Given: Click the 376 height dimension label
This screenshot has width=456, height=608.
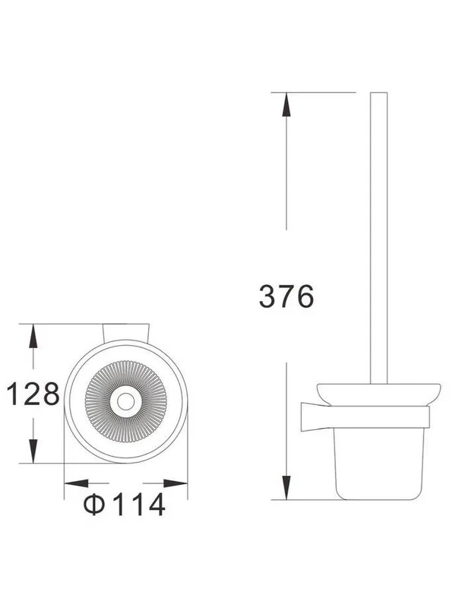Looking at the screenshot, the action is [287, 296].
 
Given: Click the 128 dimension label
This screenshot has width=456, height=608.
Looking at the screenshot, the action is [33, 394].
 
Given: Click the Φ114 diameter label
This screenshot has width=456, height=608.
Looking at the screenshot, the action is [125, 505].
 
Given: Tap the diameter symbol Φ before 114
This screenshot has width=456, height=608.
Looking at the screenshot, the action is [94, 505].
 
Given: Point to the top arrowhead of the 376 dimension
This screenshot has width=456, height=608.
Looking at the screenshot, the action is [287, 104].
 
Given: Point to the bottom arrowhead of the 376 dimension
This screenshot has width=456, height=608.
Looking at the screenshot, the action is [287, 488].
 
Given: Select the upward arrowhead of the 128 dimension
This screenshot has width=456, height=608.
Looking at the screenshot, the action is [33, 336].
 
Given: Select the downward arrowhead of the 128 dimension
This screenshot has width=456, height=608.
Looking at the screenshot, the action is [33, 451].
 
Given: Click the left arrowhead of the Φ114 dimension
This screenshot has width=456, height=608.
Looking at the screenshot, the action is [77, 483].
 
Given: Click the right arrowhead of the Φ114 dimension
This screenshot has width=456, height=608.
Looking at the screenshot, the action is [176, 483].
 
